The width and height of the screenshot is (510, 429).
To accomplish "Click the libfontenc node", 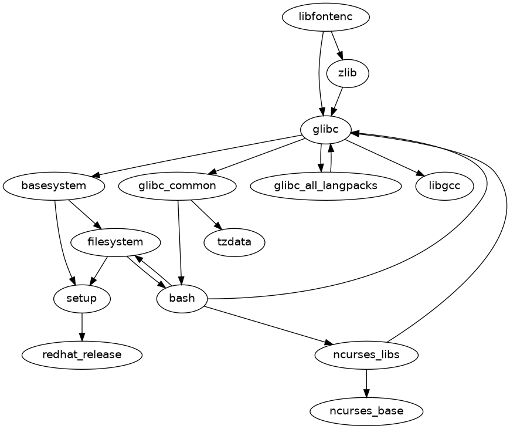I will click(325, 16).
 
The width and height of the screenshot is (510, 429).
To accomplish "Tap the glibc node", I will click(326, 130).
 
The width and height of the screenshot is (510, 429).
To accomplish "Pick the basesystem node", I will click(54, 186).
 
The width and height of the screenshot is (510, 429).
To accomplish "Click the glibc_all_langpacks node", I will click(325, 186).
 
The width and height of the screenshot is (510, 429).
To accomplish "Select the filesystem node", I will click(115, 242).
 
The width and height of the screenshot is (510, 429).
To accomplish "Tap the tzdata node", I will click(234, 242).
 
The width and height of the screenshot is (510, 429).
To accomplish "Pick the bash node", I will click(182, 299).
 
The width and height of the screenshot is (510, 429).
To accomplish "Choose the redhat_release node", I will click(82, 354).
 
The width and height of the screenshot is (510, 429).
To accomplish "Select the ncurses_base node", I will click(366, 411).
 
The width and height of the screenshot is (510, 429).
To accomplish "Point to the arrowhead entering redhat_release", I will click(82, 337).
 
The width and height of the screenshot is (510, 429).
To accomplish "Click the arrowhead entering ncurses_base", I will click(366, 393).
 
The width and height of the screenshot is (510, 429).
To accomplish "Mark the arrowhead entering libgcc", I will click(420, 174).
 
